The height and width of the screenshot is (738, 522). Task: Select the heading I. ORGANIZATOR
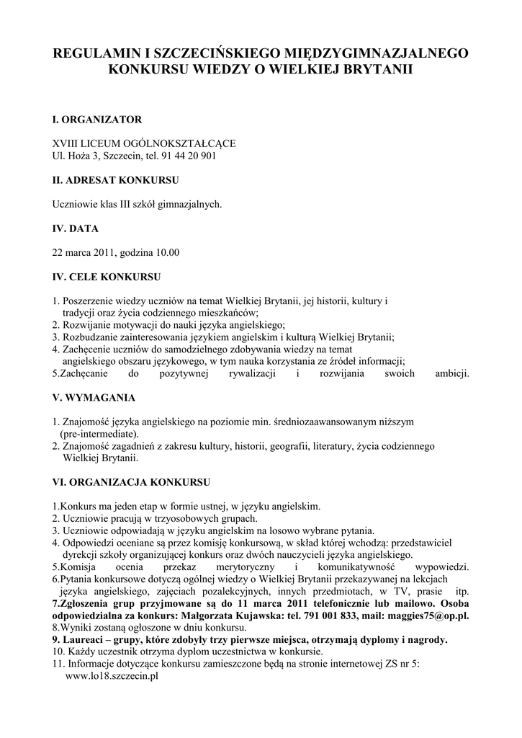click(97, 118)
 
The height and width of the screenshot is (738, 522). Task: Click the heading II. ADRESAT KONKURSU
click(116, 179)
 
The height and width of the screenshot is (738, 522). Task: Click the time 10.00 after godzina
click(166, 252)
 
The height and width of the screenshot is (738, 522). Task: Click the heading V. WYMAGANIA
click(94, 397)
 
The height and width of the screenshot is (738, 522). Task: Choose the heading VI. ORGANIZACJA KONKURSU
click(130, 481)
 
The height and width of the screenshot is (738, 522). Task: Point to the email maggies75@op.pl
click(428, 616)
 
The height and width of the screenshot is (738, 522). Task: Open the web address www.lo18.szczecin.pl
click(112, 677)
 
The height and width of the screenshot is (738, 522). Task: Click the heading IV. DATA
click(75, 228)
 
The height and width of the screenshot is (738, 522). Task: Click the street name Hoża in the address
click(76, 155)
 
